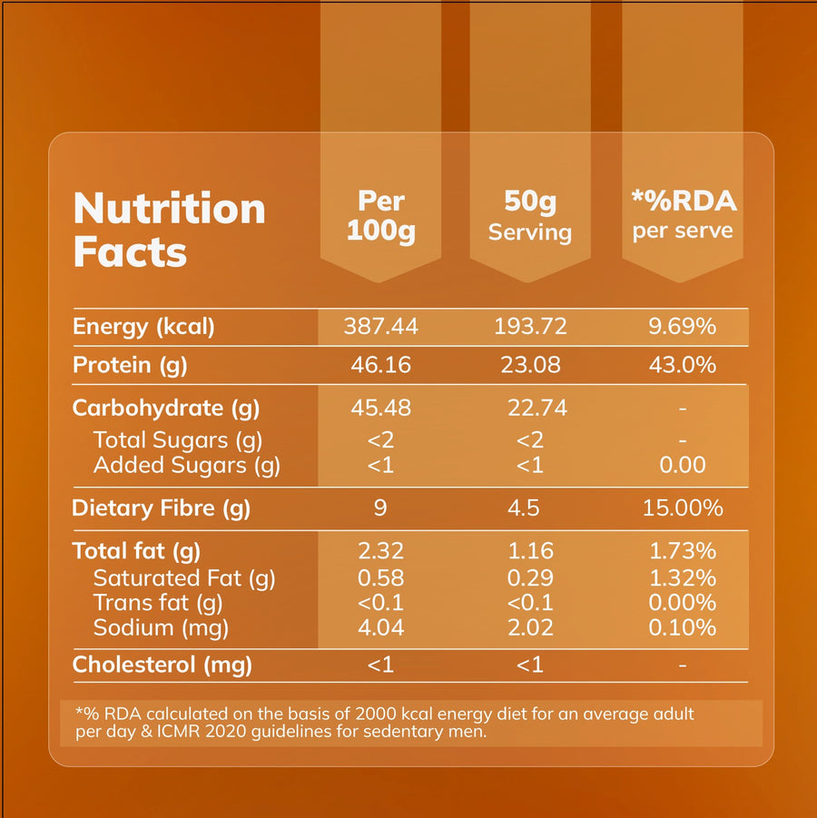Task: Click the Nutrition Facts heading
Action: (x=169, y=230)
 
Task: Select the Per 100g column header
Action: (x=380, y=215)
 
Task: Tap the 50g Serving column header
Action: (x=529, y=215)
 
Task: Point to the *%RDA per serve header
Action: (x=683, y=215)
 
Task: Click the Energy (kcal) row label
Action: (x=143, y=327)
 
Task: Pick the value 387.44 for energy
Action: (x=380, y=327)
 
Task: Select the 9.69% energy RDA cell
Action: (x=683, y=327)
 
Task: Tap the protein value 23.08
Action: (x=529, y=365)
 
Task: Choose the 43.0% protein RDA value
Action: (x=683, y=365)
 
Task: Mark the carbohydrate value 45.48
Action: (x=380, y=409)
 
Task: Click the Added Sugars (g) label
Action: (x=186, y=466)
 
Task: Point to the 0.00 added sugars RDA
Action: (x=683, y=466)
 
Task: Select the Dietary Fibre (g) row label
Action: (x=162, y=508)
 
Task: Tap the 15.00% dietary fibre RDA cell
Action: (x=683, y=508)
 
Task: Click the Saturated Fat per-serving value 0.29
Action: (x=529, y=577)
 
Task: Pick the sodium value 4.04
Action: (x=380, y=627)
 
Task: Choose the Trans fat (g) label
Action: (x=153, y=603)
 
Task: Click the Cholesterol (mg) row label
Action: (x=162, y=665)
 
